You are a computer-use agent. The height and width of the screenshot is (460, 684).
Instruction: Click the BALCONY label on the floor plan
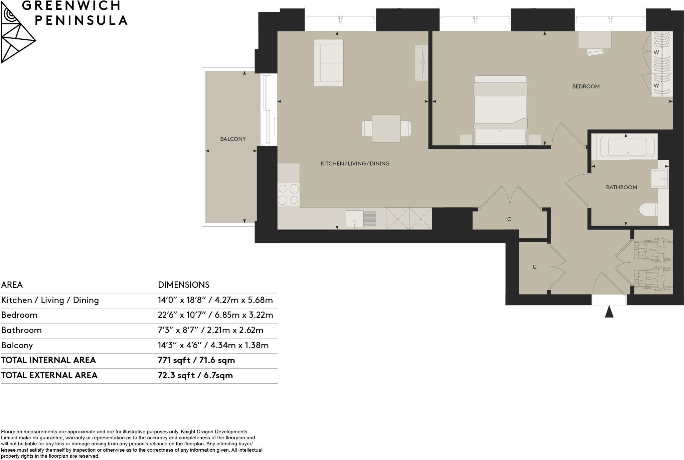click(x=233, y=139)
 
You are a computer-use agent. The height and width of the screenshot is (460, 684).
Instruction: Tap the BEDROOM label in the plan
click(x=586, y=86)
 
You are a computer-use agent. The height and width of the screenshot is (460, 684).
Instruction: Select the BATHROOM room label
click(x=621, y=187)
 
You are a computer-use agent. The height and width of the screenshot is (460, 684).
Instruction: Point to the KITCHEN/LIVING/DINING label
click(x=355, y=164)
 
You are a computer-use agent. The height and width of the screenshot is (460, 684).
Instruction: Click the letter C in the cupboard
click(x=509, y=219)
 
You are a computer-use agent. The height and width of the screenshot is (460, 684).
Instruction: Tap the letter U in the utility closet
click(x=534, y=267)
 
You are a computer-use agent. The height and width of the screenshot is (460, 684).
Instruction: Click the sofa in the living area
click(x=328, y=63)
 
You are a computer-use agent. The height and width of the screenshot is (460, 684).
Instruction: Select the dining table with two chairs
click(x=386, y=129)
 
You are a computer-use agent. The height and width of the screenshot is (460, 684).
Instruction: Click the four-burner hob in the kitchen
click(x=289, y=194)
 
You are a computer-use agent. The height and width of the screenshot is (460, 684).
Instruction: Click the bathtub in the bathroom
click(x=627, y=147)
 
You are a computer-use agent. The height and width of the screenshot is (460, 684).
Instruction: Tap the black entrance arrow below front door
click(x=609, y=312)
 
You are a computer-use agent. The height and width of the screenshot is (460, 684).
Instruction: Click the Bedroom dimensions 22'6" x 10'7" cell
click(x=215, y=315)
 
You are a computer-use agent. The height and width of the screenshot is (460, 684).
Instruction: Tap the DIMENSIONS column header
click(x=184, y=285)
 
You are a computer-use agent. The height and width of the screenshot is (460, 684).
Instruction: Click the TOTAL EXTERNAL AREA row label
click(x=49, y=375)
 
